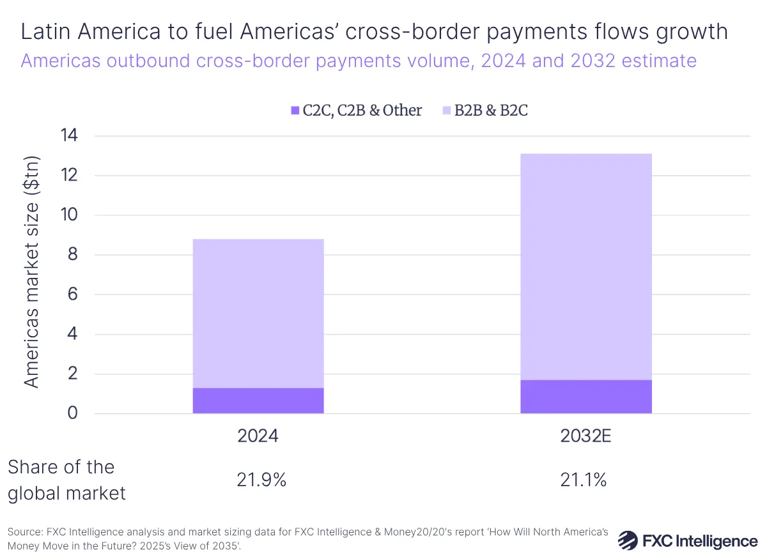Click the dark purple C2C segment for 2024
258,401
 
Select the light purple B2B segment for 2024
258,313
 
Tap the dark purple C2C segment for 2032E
586,397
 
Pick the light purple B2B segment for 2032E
586,266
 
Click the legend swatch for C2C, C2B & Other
295,111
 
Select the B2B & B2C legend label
491,111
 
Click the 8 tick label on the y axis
72,255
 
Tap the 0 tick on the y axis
72,413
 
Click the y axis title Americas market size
32,272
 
